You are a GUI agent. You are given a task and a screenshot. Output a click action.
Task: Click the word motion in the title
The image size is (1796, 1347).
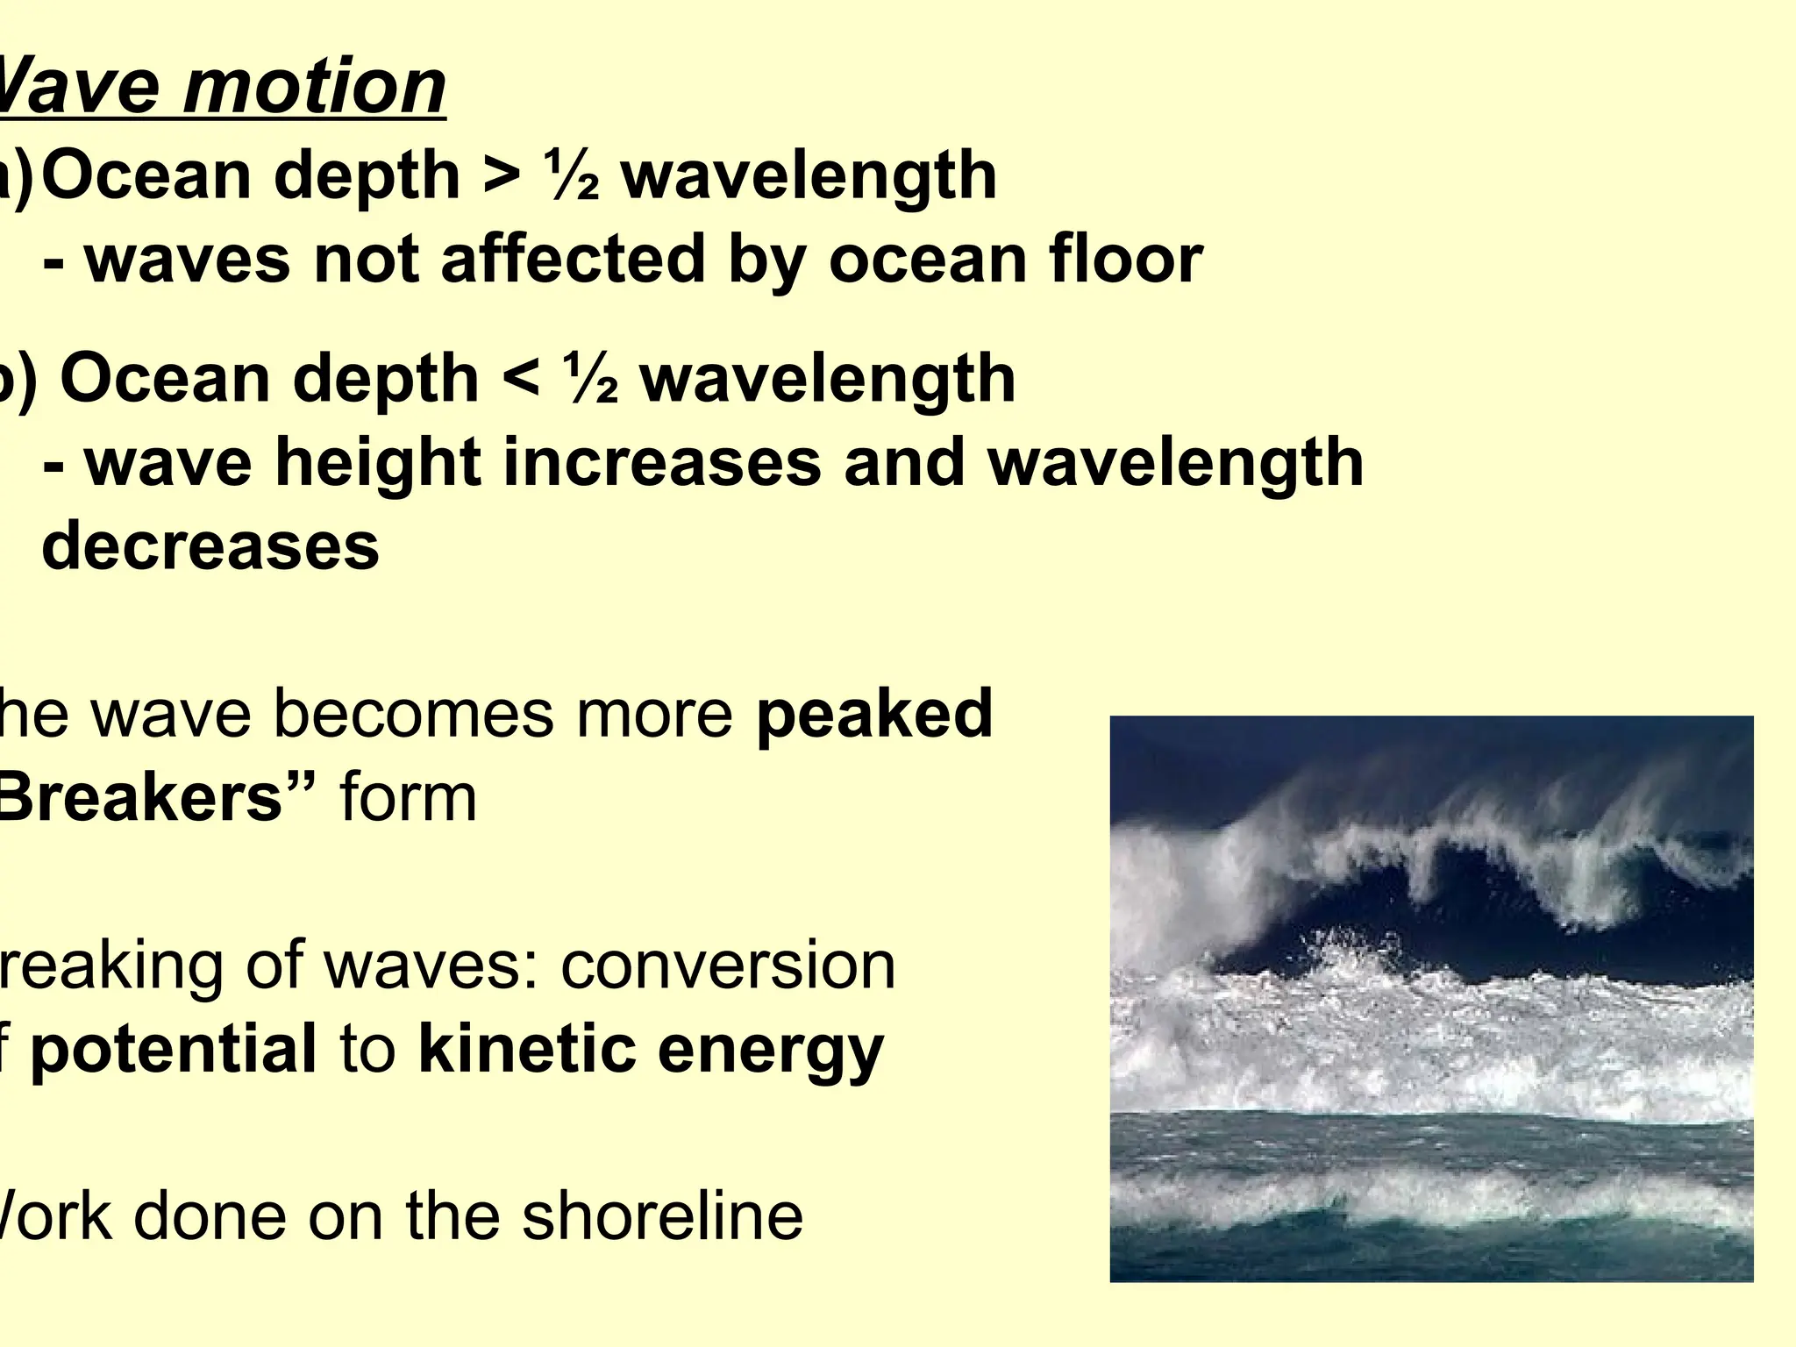tap(314, 88)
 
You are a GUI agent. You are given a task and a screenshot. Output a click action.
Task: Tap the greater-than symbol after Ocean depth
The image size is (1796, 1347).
tap(501, 176)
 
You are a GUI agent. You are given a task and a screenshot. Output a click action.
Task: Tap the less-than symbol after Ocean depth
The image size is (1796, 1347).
tap(520, 380)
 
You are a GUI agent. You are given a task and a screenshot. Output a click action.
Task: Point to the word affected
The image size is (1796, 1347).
tap(574, 260)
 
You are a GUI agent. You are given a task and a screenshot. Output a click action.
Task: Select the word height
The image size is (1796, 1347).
tap(379, 463)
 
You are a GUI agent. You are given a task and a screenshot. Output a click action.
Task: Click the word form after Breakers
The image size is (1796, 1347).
tap(408, 798)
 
